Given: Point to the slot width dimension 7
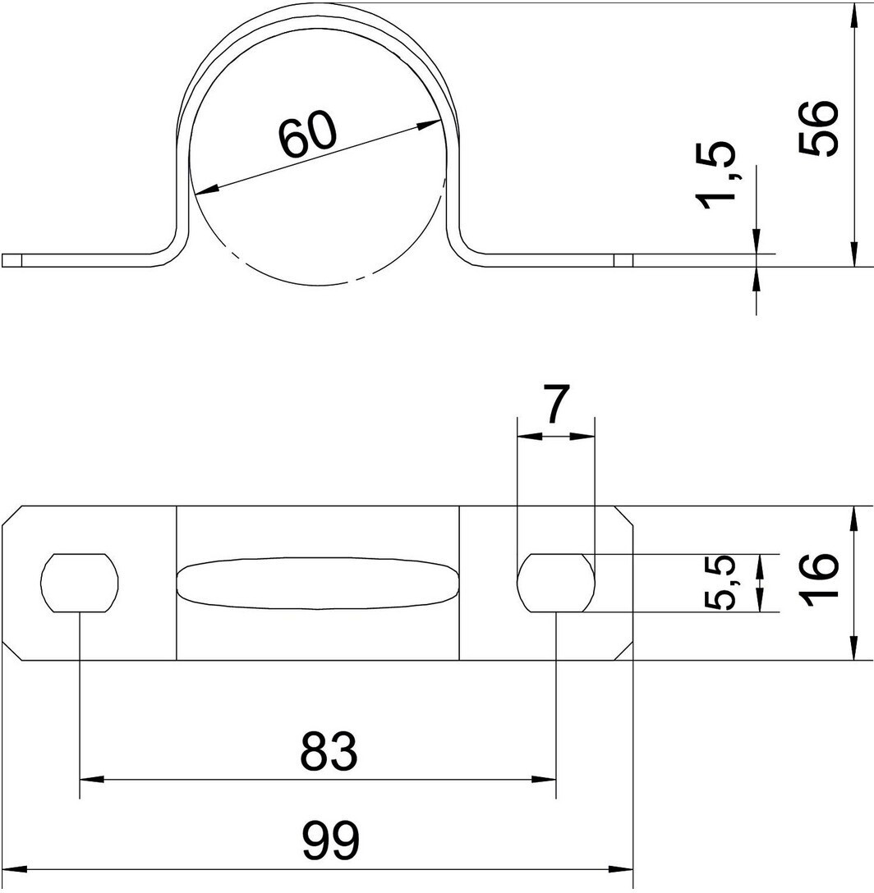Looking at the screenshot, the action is point(555,407).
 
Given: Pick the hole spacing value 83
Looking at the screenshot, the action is point(329,750).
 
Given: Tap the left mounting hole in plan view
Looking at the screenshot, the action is point(80,583).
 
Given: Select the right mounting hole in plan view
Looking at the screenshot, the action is point(556,583).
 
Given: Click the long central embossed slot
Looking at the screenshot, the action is point(318,584).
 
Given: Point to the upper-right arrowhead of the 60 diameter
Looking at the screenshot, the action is point(433,126).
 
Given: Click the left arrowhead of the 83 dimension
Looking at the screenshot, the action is point(90,777).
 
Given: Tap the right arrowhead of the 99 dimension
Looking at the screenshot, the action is point(623,868).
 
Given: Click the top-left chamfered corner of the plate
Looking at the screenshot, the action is point(12,516).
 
